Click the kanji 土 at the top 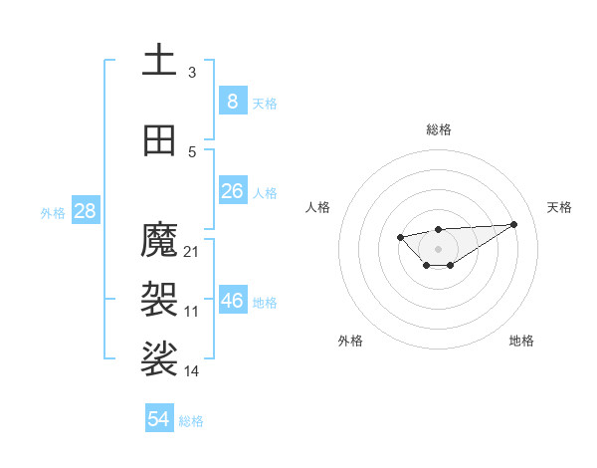159,61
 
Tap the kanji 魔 159,240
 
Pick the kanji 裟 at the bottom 159,358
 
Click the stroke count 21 192,251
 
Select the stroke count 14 192,370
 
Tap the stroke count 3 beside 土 192,72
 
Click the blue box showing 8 232,101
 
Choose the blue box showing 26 232,190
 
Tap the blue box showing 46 232,300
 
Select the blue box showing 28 85,210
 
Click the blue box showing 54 159,419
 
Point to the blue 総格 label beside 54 191,421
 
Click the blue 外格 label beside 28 53,212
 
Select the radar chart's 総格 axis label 438,129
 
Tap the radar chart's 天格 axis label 559,207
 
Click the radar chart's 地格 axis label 521,341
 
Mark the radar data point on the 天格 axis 514,224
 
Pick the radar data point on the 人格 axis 400,237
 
